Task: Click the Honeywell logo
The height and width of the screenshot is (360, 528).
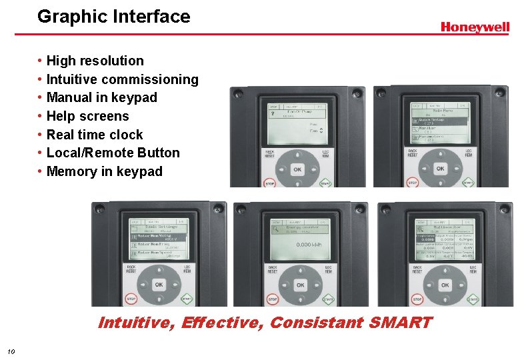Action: coord(475,27)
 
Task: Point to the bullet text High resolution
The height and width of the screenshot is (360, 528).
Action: coord(95,61)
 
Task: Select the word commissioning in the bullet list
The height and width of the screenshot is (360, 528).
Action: coord(157,79)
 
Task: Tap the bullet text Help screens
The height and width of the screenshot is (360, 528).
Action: coord(87,116)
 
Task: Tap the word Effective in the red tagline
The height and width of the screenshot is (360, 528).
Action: coord(223,323)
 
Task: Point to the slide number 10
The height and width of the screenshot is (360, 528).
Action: coord(11,351)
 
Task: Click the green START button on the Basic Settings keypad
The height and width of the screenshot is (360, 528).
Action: coord(186,299)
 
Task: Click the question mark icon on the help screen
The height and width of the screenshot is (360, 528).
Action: coord(273,113)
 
